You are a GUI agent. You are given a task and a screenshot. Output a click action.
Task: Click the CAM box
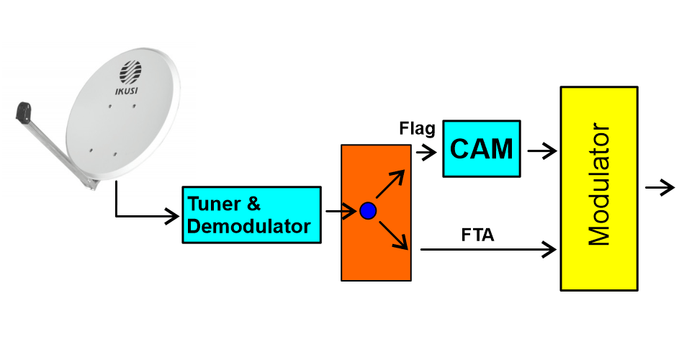click(481, 148)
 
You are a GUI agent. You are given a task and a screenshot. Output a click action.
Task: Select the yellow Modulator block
click(599, 189)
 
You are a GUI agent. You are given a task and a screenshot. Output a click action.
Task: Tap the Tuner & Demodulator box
click(251, 215)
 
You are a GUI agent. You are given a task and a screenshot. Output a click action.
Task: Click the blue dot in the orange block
click(368, 211)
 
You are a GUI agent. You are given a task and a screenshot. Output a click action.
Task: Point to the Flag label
click(417, 129)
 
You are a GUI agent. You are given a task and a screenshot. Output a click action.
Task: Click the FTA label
click(477, 235)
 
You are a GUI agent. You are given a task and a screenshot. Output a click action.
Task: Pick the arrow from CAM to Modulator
click(541, 150)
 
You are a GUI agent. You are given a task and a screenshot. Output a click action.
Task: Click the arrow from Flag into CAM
click(426, 152)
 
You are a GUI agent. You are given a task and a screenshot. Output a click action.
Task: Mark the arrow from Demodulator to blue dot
click(343, 211)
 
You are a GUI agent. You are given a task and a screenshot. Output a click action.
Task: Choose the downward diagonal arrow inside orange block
click(393, 235)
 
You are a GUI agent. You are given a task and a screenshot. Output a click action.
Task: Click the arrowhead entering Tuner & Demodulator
click(173, 215)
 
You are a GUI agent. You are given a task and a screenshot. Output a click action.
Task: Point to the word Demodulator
click(249, 226)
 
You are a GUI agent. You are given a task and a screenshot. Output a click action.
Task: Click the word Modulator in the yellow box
click(600, 188)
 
